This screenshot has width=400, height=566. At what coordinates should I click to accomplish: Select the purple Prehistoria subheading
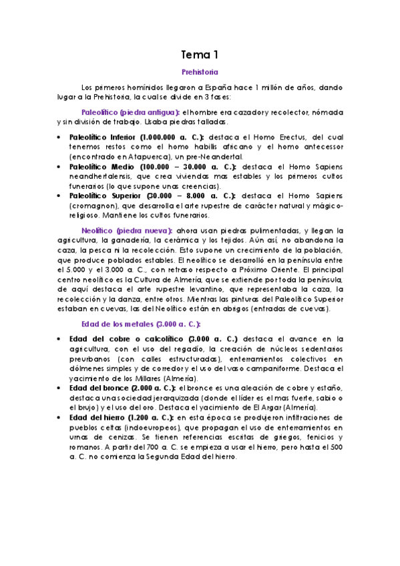tap(200, 71)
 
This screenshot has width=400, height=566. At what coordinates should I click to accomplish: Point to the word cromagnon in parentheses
tap(93, 206)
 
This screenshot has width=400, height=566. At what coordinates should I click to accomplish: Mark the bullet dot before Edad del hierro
tap(60, 418)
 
